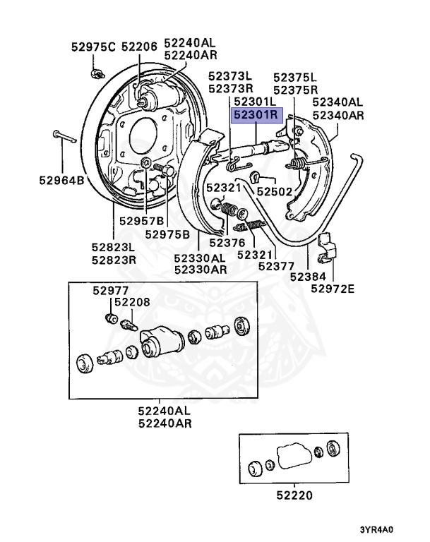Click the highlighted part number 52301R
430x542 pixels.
[257, 114]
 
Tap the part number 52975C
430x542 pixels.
[92, 47]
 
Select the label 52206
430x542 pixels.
[139, 47]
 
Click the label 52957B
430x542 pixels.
[141, 221]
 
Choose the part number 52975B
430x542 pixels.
[167, 234]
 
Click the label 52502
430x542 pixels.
[274, 191]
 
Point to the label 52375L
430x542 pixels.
[296, 76]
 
